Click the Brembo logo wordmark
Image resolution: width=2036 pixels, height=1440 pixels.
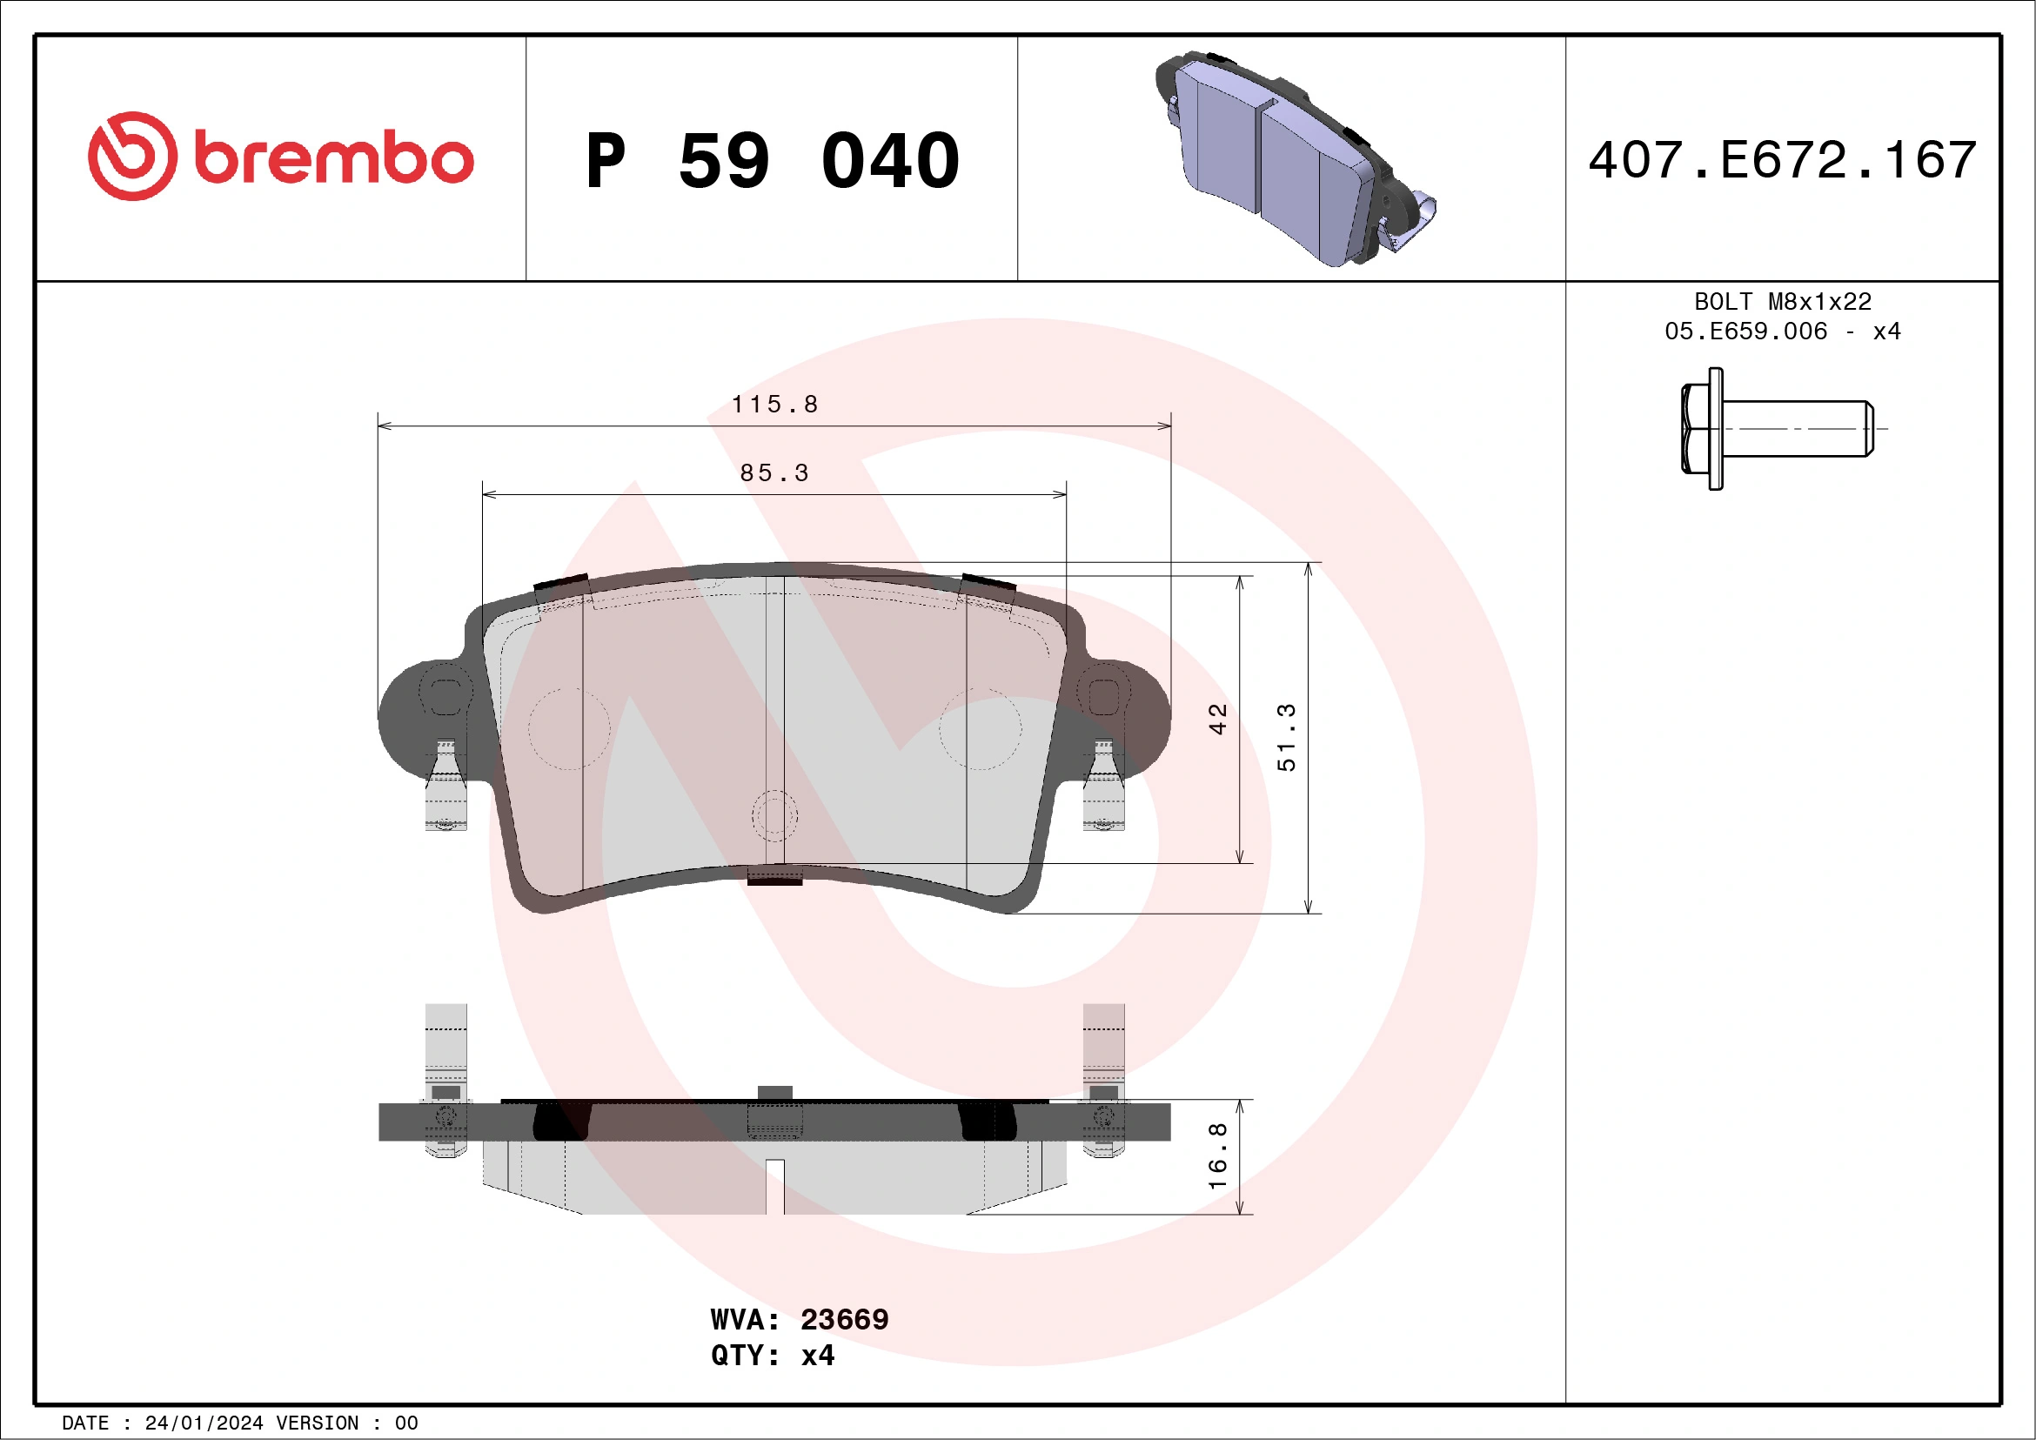coord(332,158)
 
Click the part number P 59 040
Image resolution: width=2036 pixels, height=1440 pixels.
coord(773,160)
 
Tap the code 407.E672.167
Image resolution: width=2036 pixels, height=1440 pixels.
coord(1783,160)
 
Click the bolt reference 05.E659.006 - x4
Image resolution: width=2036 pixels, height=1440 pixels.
coord(1783,332)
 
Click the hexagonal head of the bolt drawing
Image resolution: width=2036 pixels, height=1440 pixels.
coord(1701,428)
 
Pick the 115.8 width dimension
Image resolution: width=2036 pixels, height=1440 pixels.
coord(774,405)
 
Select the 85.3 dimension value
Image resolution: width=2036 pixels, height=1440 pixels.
coord(774,473)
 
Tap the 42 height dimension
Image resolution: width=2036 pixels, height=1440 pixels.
coord(1217,719)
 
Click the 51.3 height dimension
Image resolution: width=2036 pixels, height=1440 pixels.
coord(1287,737)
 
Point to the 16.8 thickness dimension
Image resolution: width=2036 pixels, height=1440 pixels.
coord(1217,1156)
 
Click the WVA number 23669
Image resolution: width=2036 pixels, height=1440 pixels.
coord(843,1319)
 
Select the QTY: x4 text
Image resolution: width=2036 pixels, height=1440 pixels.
coord(773,1356)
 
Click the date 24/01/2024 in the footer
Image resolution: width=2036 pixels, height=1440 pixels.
coord(204,1423)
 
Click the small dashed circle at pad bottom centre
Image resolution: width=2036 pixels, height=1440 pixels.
coord(774,816)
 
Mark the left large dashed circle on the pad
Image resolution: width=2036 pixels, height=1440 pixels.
coord(569,729)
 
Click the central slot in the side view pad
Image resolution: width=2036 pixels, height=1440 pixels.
coord(774,1187)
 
